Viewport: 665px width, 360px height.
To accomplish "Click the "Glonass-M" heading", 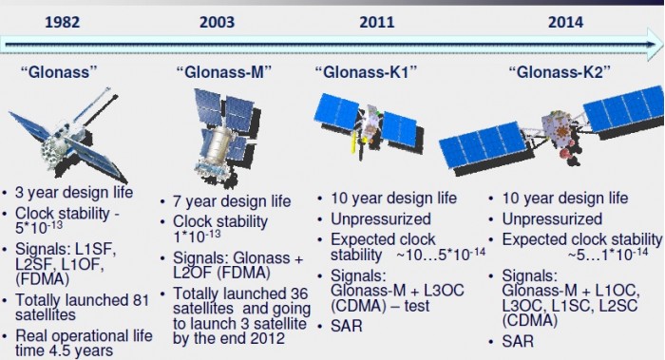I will click(225, 70).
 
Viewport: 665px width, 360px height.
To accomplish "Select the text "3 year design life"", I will click(80, 194).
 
